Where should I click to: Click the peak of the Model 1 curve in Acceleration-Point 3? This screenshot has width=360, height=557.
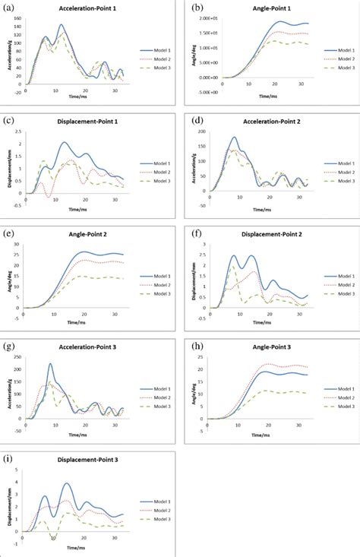pyautogui.click(x=50, y=364)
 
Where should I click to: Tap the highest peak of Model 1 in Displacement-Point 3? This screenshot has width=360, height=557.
pyautogui.click(x=67, y=483)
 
